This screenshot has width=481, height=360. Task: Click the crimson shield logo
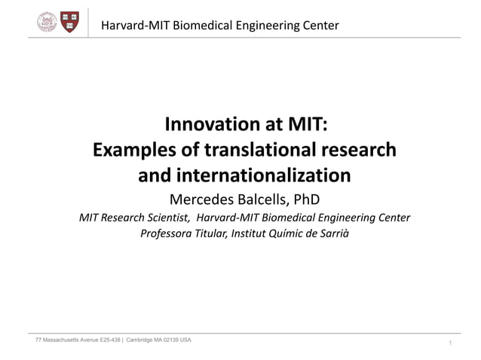coord(70,22)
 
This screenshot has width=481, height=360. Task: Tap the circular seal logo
coord(47,22)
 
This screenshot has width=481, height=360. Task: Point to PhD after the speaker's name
coord(306,200)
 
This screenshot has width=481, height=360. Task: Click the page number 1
coord(449,343)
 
